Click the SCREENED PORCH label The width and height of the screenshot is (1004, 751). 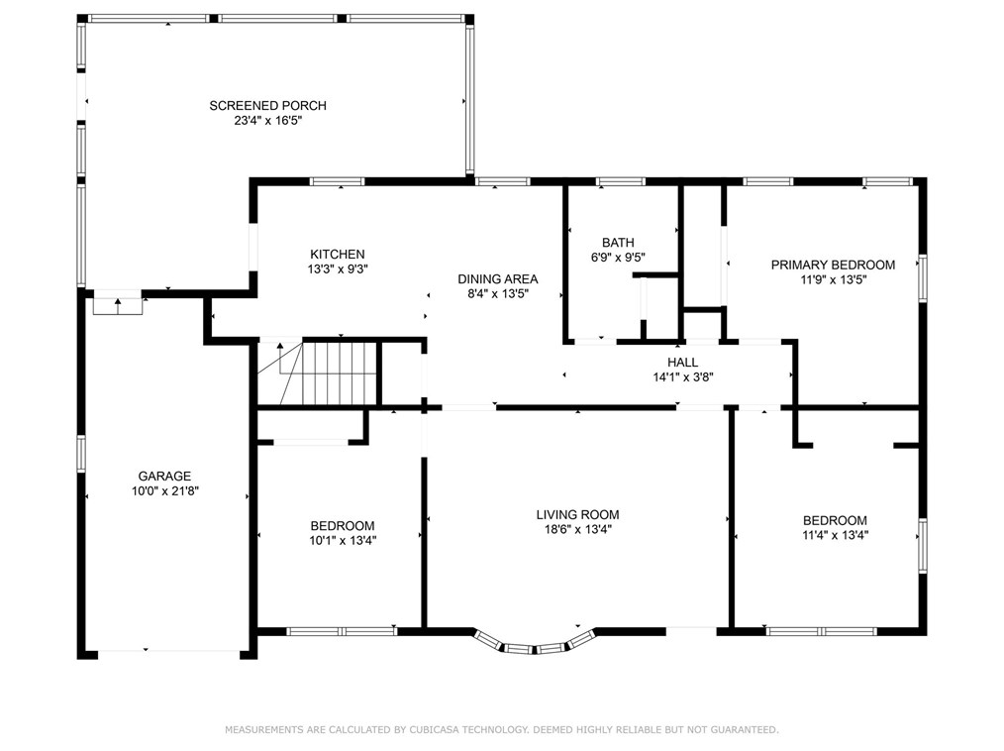(x=267, y=106)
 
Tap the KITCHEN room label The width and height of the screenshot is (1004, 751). (x=338, y=255)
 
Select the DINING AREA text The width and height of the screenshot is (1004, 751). (x=497, y=279)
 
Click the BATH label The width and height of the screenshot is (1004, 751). (x=618, y=243)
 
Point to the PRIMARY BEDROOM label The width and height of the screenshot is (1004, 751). (x=833, y=265)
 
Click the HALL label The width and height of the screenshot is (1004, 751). (x=682, y=363)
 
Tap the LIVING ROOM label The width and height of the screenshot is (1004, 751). (x=577, y=514)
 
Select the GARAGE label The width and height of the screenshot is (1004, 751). (x=164, y=477)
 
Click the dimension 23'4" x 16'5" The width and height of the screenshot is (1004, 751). (x=267, y=121)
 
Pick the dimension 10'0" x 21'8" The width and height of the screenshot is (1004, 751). (x=164, y=491)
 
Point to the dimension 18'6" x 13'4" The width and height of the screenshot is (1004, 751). (x=577, y=530)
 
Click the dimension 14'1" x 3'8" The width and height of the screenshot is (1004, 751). (x=682, y=377)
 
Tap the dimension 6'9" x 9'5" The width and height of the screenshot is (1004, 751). (x=618, y=258)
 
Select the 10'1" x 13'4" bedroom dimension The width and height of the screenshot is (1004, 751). (x=343, y=541)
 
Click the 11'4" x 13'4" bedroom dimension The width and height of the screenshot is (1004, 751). (x=835, y=536)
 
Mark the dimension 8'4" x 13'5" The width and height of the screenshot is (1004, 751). (x=497, y=294)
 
